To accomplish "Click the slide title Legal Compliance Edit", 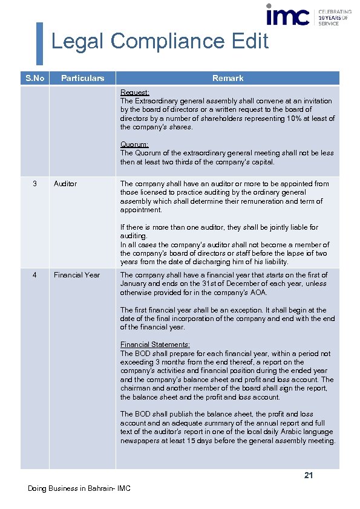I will pos(160,42).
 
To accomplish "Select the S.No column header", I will pos(34,78).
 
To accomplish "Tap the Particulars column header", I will pos(82,78).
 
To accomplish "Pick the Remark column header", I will pos(227,78).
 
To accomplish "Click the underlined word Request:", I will pos(135,92).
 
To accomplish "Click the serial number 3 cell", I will pos(34,184).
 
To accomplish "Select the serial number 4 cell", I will pos(34,275).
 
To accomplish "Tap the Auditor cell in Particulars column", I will pos(65,184).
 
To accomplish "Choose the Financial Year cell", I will pos(77,275).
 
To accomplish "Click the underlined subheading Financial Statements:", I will pos(155,345).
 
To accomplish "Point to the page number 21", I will pos(308,476).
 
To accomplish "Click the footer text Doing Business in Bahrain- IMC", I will pos(79,488).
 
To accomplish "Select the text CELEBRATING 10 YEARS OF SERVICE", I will pos(335,18).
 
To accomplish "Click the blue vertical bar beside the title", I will pos(40,43).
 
